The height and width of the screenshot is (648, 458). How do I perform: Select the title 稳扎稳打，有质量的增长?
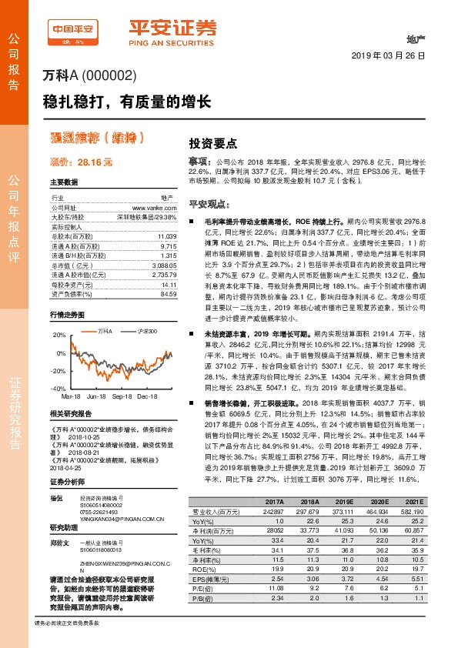(127, 102)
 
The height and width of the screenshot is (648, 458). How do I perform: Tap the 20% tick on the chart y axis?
(59, 336)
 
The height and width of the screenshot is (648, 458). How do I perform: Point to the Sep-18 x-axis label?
(124, 396)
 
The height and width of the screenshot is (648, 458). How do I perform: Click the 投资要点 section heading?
(213, 143)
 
